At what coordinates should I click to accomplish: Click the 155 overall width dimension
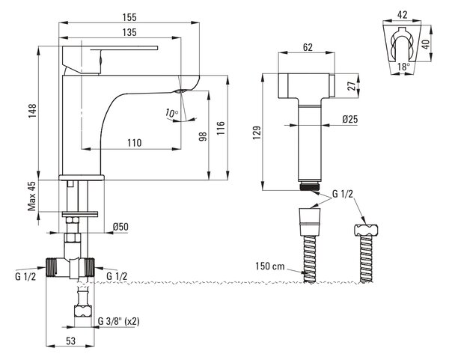click(x=129, y=17)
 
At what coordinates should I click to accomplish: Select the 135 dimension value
click(x=129, y=32)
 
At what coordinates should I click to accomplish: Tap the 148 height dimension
click(x=32, y=111)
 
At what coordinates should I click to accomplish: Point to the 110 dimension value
click(x=135, y=143)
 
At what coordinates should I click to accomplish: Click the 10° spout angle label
click(x=171, y=113)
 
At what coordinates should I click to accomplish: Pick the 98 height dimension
click(x=203, y=137)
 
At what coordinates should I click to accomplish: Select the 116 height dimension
click(x=221, y=128)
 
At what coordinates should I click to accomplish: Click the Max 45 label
click(x=32, y=196)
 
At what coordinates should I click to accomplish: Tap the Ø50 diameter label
click(x=120, y=227)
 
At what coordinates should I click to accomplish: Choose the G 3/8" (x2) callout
click(x=118, y=321)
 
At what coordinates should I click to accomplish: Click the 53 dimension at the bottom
click(x=71, y=341)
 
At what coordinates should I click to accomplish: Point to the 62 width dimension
click(x=308, y=47)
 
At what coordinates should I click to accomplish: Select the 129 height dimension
click(x=257, y=132)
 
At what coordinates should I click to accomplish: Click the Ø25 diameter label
click(x=350, y=119)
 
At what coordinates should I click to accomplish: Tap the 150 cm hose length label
click(x=270, y=266)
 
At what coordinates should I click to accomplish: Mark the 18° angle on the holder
click(x=404, y=67)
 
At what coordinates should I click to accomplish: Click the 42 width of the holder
click(x=403, y=15)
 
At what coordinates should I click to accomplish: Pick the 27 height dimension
click(x=352, y=86)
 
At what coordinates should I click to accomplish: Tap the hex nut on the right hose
click(x=366, y=230)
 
